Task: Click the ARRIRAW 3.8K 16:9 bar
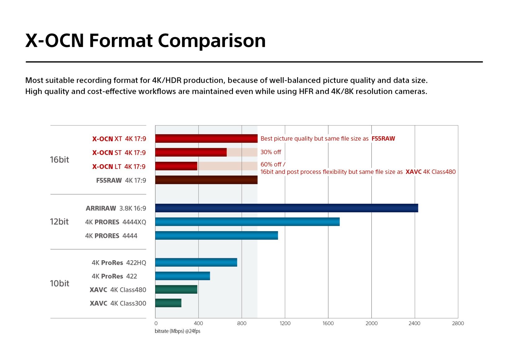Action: pos(287,208)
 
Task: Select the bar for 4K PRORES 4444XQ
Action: pos(247,222)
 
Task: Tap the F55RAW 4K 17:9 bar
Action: pos(206,180)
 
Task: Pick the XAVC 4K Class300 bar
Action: pos(168,303)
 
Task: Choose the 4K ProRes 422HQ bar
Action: pos(196,262)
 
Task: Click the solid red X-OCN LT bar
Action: pos(176,166)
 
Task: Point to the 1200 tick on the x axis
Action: pos(285,323)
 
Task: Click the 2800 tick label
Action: pos(458,323)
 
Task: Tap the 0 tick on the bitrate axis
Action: pos(156,323)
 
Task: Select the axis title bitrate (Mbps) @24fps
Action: pos(178,331)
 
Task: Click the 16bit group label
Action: pos(59,160)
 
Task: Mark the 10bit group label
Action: pos(59,283)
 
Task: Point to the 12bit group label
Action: pos(59,222)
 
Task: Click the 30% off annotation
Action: pos(270,152)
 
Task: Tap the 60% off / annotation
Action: pos(273,165)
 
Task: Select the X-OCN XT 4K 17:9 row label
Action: pos(119,139)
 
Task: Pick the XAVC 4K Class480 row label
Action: pos(118,290)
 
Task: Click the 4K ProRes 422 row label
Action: pos(114,276)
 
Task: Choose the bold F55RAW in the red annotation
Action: pos(383,138)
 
